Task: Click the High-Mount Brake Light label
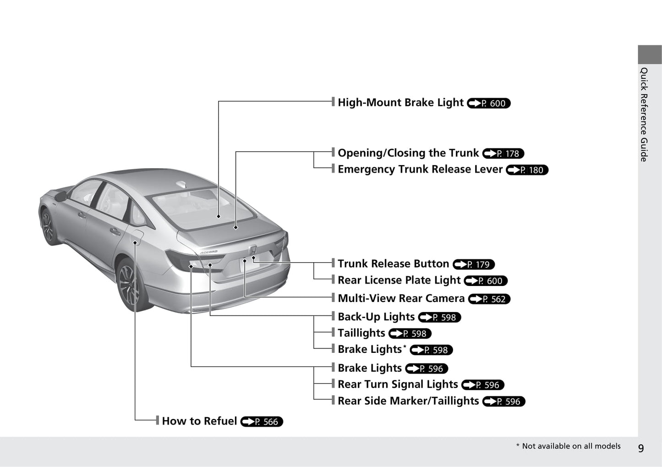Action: click(400, 103)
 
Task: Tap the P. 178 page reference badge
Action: click(503, 154)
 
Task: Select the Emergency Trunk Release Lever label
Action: click(420, 170)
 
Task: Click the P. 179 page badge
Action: click(474, 264)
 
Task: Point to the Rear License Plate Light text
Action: click(399, 280)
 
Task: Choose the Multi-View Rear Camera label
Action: click(401, 298)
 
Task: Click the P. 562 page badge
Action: click(489, 299)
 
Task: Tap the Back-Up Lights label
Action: click(376, 317)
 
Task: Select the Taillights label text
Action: click(361, 333)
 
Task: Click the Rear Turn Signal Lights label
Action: click(398, 385)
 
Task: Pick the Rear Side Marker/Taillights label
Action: click(408, 401)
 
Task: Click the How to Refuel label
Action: click(199, 421)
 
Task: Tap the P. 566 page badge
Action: click(262, 422)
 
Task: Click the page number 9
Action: click(641, 448)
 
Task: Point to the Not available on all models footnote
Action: click(569, 446)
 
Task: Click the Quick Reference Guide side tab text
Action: click(644, 115)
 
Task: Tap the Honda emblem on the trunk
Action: click(253, 250)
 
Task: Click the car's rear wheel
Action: click(129, 285)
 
